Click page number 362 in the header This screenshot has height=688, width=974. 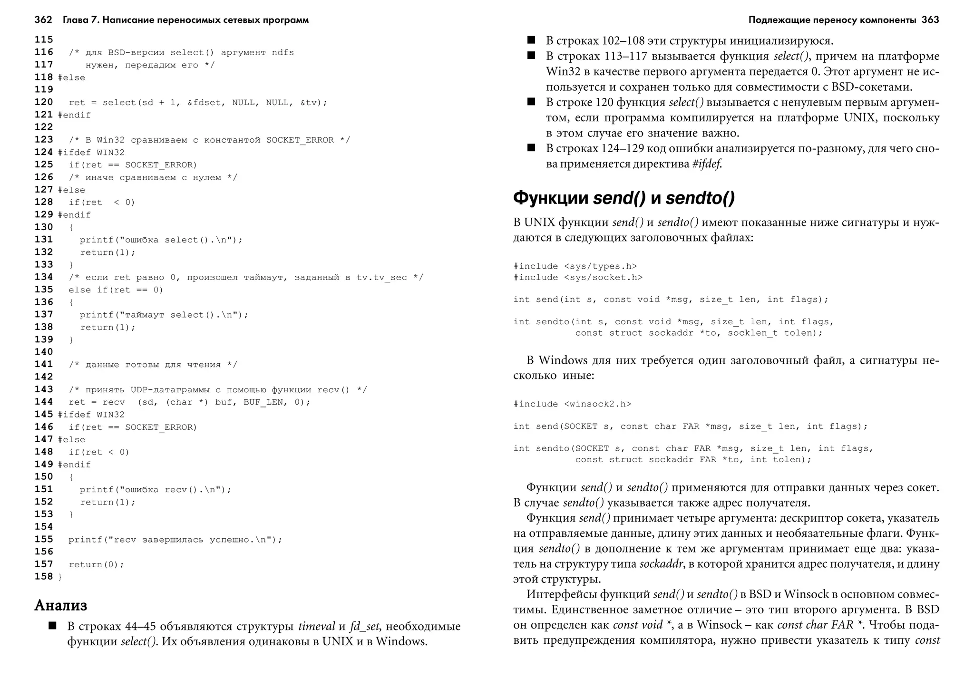(43, 20)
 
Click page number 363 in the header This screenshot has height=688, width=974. (930, 20)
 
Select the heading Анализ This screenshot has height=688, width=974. (61, 605)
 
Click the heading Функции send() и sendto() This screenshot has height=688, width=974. (623, 198)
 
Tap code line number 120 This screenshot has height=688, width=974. (44, 102)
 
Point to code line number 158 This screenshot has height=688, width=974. (44, 577)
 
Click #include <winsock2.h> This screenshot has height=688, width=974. (572, 404)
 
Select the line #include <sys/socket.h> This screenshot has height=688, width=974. (578, 277)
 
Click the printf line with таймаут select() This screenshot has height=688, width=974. (164, 315)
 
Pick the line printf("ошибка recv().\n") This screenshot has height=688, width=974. (155, 490)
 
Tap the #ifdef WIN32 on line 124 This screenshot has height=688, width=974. (91, 153)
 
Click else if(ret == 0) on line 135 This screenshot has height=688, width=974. (116, 290)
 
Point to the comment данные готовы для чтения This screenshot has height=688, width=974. (153, 365)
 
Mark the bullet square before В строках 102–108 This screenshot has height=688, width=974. (531, 40)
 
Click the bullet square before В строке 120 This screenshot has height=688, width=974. (531, 102)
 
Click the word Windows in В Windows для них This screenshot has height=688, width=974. (563, 360)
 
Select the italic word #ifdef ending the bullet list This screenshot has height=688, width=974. (707, 164)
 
